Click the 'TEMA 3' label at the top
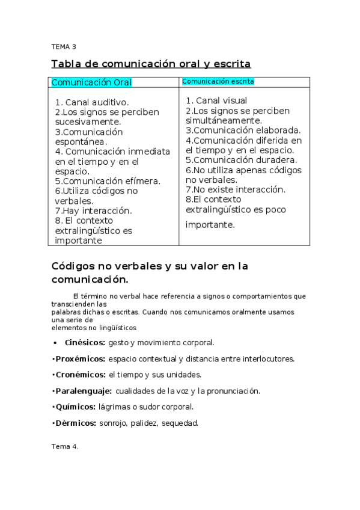tap(64, 46)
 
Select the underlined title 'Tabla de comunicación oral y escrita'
tap(151, 64)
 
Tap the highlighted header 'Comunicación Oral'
tap(92, 82)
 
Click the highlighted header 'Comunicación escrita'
tap(218, 81)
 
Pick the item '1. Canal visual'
tap(216, 100)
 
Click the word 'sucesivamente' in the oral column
tap(86, 121)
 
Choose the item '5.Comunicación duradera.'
tap(241, 160)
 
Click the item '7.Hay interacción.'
tap(93, 210)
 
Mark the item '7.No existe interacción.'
tap(235, 189)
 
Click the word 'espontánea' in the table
tap(80, 141)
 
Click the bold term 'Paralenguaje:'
tap(83, 391)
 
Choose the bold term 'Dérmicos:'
tap(76, 423)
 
